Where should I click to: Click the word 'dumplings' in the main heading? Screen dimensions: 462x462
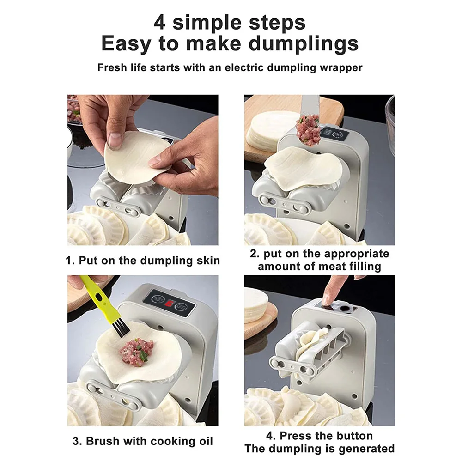pos(304,44)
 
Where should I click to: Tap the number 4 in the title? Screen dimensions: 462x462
pos(159,23)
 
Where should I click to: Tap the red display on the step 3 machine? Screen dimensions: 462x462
pos(170,303)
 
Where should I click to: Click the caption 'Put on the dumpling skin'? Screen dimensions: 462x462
pos(149,261)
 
